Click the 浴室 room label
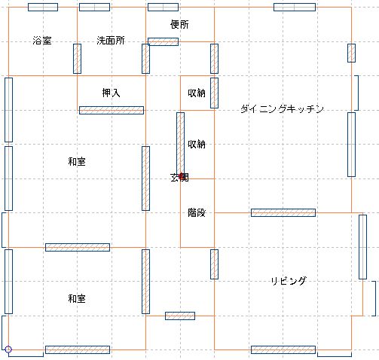click(42, 41)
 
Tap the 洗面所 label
click(111, 41)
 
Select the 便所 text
click(179, 24)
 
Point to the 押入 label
click(111, 93)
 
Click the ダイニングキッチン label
click(282, 109)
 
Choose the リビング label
click(289, 281)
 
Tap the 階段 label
click(197, 212)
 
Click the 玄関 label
click(179, 178)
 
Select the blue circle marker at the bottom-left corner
click(8, 349)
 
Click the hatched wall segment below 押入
click(112, 110)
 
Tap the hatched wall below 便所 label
click(164, 41)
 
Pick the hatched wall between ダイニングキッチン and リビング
click(283, 212)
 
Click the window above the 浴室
click(43, 7)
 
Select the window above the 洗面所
click(94, 7)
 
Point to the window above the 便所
click(164, 7)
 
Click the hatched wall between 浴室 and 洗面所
click(77, 59)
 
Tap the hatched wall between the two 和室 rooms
click(78, 247)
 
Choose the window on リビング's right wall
click(362, 247)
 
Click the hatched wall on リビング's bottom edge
click(283, 349)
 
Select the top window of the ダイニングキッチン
click(295, 7)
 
